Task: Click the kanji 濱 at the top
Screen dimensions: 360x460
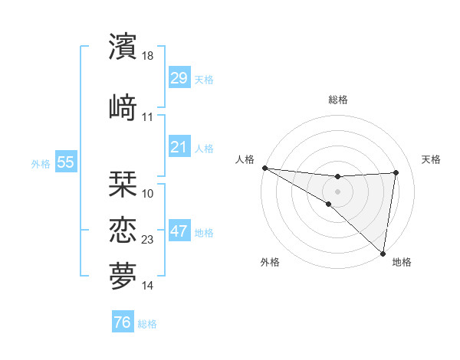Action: pos(123,47)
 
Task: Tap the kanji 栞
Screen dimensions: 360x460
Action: pos(123,182)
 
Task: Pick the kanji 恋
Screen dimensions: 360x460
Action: pos(123,229)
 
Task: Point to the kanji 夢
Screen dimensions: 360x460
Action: pos(123,275)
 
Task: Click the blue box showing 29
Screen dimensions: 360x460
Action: pos(179,78)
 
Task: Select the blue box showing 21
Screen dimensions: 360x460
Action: pos(179,146)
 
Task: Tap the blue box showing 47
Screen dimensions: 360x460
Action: pos(179,231)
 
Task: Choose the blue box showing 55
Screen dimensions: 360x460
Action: pos(65,162)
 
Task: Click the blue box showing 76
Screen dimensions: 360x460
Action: pos(122,322)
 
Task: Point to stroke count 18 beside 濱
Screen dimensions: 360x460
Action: pos(149,57)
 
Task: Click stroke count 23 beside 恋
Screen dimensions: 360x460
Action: pos(148,240)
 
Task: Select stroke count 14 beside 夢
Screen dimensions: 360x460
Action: pos(148,286)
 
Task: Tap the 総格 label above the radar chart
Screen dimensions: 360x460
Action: pos(337,100)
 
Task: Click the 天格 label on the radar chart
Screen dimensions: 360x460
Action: pos(432,159)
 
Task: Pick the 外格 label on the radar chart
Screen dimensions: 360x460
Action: pos(270,262)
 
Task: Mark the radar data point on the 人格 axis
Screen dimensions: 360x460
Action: pos(264,168)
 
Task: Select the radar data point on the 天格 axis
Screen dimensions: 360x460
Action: pos(396,172)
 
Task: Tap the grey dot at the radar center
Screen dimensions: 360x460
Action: pos(337,191)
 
